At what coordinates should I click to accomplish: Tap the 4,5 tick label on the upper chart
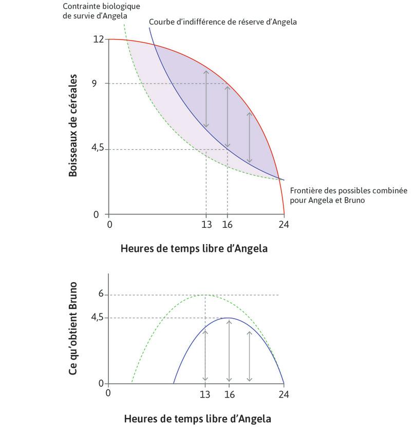click(97, 149)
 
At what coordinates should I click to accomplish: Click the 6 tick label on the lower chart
click(101, 294)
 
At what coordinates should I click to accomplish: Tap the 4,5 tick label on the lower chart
click(97, 318)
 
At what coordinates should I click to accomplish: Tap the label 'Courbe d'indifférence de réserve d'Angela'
click(222, 23)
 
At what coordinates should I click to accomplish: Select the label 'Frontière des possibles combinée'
click(348, 191)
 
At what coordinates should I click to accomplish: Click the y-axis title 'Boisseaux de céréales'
click(73, 126)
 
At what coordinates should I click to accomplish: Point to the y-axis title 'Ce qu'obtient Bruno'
click(73, 328)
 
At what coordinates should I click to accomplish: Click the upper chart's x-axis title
click(194, 248)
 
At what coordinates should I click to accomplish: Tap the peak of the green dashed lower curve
click(205, 295)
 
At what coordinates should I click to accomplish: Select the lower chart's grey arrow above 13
click(205, 356)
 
